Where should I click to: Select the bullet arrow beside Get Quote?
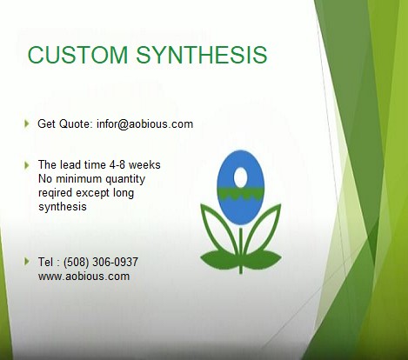tap(27, 123)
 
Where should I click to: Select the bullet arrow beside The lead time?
tap(27, 163)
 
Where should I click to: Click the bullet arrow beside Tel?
tap(27, 261)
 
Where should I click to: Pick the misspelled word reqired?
tap(57, 193)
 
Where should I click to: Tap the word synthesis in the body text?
tap(64, 207)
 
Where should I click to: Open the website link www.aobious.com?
tap(84, 277)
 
